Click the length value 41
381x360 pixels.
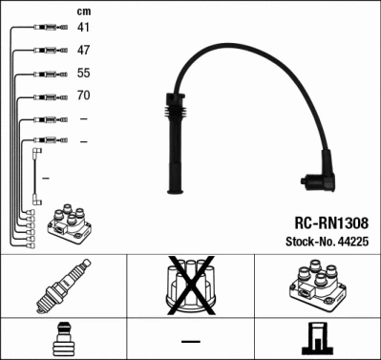[84, 27]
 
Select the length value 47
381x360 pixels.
[84, 50]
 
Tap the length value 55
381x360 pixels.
[84, 73]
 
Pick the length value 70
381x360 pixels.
[84, 95]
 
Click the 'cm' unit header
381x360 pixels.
[82, 10]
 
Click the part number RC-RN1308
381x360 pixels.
[326, 222]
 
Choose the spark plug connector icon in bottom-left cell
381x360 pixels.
[64, 339]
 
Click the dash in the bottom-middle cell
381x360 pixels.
[190, 341]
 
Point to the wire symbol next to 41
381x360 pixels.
[48, 28]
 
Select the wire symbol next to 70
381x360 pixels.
[48, 96]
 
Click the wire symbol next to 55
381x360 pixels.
[48, 74]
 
